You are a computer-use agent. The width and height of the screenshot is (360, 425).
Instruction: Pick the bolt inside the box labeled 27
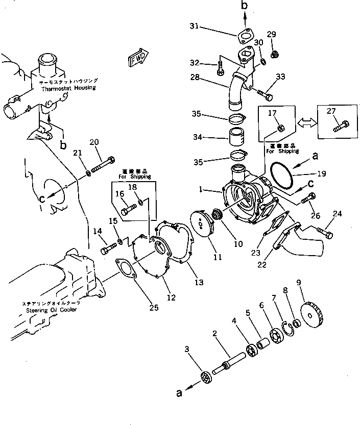[340, 124]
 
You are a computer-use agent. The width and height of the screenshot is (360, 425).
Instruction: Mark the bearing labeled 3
[207, 378]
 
